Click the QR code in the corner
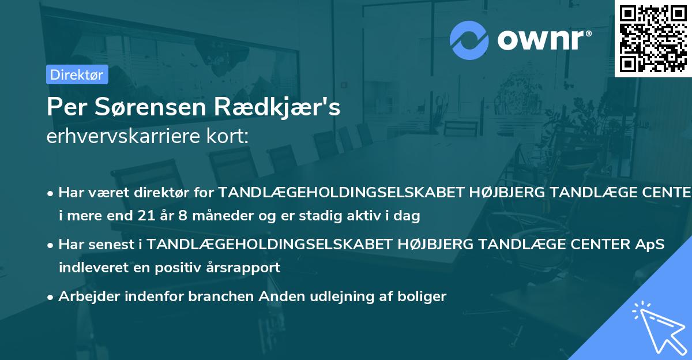point(653,38)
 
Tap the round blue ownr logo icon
point(469,40)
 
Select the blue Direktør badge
point(77,74)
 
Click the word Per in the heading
point(63,107)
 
